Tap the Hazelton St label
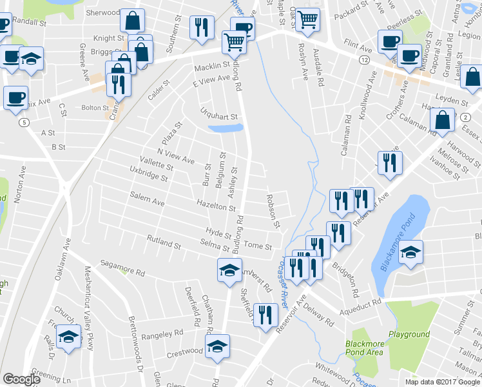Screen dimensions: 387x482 [217, 206]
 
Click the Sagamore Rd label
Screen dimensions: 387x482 [123, 265]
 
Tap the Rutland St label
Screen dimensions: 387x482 [164, 243]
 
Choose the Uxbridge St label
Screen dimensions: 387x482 [148, 174]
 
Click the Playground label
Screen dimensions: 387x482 [409, 334]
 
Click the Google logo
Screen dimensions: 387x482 [21, 379]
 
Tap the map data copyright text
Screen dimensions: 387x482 [443, 382]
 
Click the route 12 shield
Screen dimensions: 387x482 [365, 59]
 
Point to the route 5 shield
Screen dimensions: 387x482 [24, 122]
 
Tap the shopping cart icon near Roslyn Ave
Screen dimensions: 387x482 [308, 20]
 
